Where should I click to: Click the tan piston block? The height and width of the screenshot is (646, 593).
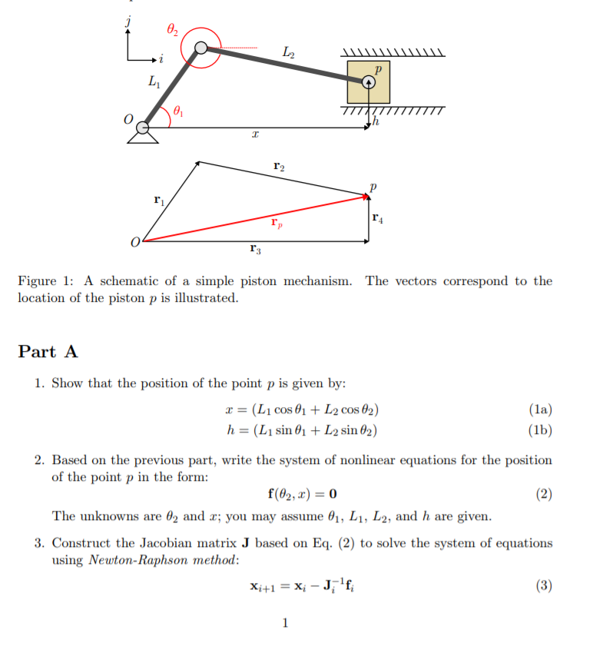tap(368, 83)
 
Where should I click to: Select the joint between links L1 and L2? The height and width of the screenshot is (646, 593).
tap(200, 48)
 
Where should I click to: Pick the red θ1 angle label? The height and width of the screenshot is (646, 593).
tap(179, 111)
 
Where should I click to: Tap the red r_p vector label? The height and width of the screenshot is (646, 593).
tap(276, 223)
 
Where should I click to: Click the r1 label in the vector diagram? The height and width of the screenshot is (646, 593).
tap(159, 200)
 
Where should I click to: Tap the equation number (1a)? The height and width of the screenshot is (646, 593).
tap(540, 409)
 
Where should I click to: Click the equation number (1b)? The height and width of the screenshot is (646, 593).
tap(540, 429)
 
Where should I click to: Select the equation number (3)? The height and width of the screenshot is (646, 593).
tap(543, 586)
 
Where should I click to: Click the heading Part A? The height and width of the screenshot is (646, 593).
tap(48, 352)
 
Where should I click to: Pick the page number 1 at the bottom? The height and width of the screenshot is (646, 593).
tap(285, 623)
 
